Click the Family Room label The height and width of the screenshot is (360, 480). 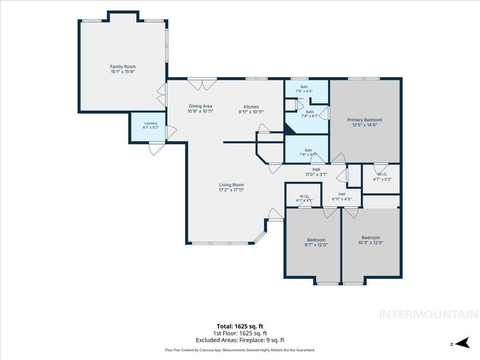click(x=123, y=69)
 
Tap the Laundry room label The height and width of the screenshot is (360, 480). click(x=151, y=125)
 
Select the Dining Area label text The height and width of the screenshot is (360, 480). click(x=201, y=109)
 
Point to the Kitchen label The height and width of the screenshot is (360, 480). click(x=251, y=109)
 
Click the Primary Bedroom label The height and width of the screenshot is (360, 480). click(x=365, y=123)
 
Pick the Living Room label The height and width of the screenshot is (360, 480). click(x=231, y=187)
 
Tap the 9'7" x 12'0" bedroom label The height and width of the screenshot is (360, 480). click(x=316, y=243)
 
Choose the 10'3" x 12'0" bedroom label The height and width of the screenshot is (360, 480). click(x=371, y=240)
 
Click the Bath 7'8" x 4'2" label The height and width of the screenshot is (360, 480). click(x=304, y=89)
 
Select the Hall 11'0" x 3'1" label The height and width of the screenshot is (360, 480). click(x=316, y=172)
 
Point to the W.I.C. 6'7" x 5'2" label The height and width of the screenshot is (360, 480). click(x=382, y=177)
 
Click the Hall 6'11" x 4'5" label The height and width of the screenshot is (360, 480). click(x=342, y=196)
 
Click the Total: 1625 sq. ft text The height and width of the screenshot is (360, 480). click(x=240, y=326)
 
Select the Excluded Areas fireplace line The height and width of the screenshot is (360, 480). click(x=240, y=340)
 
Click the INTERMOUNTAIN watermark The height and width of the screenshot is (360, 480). click(x=429, y=315)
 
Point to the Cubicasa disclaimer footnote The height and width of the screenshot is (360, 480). click(x=240, y=350)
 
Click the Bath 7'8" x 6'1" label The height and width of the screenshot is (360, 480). click(x=310, y=114)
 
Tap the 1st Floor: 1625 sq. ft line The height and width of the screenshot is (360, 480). click(x=240, y=333)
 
